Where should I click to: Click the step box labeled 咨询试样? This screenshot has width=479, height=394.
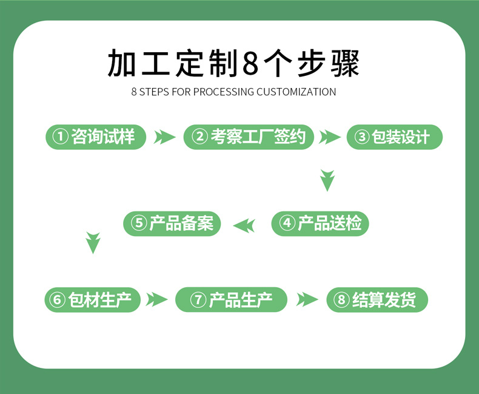click(96, 137)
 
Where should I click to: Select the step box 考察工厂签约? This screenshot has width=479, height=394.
click(249, 137)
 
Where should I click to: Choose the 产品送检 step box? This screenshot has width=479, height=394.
click(320, 224)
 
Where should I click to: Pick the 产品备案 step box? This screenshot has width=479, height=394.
click(172, 224)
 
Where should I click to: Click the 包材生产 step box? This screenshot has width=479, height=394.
click(92, 300)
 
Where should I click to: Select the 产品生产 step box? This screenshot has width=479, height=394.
click(231, 300)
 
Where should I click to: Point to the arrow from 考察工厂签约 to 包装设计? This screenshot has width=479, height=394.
click(329, 137)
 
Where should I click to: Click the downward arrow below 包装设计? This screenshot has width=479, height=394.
click(327, 180)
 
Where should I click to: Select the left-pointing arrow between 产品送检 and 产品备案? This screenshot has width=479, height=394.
click(245, 225)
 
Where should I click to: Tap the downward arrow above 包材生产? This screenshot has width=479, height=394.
click(93, 242)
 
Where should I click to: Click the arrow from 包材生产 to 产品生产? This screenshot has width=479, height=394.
click(156, 300)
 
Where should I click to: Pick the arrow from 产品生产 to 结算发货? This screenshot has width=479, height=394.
click(307, 300)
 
